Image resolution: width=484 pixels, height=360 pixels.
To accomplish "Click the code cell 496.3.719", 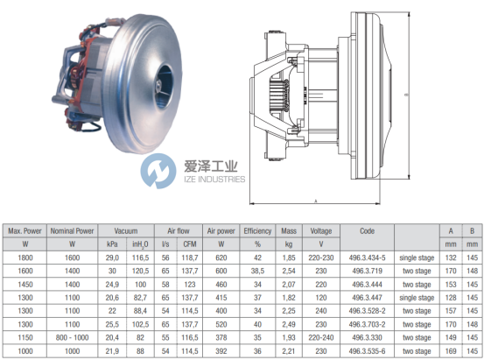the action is point(367,271).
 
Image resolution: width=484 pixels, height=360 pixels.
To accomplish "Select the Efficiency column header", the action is point(257,231).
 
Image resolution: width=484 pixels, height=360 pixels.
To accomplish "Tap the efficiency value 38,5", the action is point(257,271).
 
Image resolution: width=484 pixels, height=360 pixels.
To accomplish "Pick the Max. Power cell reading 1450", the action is point(25,285).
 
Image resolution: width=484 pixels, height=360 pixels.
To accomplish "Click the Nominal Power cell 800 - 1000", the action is point(72,337).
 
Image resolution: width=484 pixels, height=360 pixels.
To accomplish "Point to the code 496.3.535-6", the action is point(367,351).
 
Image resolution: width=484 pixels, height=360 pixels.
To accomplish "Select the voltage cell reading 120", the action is point(321,298).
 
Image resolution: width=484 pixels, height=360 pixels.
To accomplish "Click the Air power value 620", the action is point(221,258).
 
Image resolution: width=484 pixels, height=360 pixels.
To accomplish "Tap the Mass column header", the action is point(289,231).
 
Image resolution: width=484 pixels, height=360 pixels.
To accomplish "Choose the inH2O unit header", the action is point(140,244).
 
